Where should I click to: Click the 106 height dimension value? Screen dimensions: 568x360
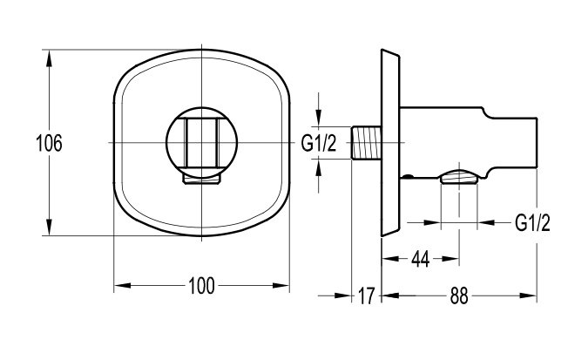click(x=50, y=143)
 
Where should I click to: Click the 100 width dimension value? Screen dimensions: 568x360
click(x=202, y=286)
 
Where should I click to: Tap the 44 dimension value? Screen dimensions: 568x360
click(x=421, y=259)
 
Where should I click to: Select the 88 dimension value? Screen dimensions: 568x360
click(x=459, y=295)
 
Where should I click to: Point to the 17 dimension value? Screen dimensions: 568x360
click(x=366, y=295)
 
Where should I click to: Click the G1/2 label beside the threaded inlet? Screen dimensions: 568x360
click(x=319, y=143)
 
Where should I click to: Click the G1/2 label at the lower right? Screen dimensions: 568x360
click(x=532, y=222)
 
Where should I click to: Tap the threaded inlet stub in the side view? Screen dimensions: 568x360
click(x=366, y=142)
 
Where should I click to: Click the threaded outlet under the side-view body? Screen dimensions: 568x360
click(x=459, y=177)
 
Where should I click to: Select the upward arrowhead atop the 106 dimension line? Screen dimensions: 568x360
click(x=50, y=58)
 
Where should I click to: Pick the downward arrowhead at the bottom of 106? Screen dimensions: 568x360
click(x=50, y=227)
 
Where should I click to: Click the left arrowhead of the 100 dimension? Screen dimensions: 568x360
click(x=123, y=286)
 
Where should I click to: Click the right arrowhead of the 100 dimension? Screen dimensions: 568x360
click(x=281, y=286)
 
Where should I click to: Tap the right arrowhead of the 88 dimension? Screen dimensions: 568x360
click(x=528, y=295)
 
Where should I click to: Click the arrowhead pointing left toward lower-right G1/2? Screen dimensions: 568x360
click(x=486, y=222)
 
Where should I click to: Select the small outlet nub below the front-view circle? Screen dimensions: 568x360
click(x=202, y=179)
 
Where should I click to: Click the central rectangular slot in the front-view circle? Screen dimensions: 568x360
click(x=202, y=143)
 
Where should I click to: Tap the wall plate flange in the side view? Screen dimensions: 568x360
click(x=390, y=143)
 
